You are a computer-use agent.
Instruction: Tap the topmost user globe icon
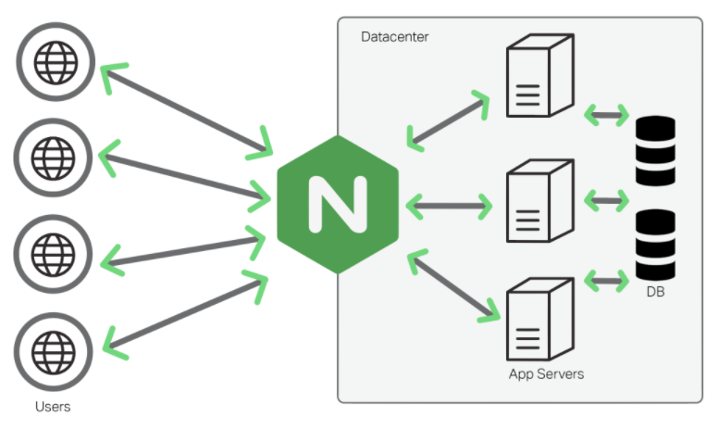coord(54,64)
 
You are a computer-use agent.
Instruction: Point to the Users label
coord(53,406)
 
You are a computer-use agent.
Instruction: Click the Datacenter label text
coord(394,37)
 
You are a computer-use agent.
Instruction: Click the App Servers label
coord(547,374)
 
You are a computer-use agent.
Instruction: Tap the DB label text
coord(655,293)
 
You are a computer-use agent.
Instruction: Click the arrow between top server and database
coord(606,116)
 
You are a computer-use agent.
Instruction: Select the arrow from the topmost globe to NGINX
coord(185,107)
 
